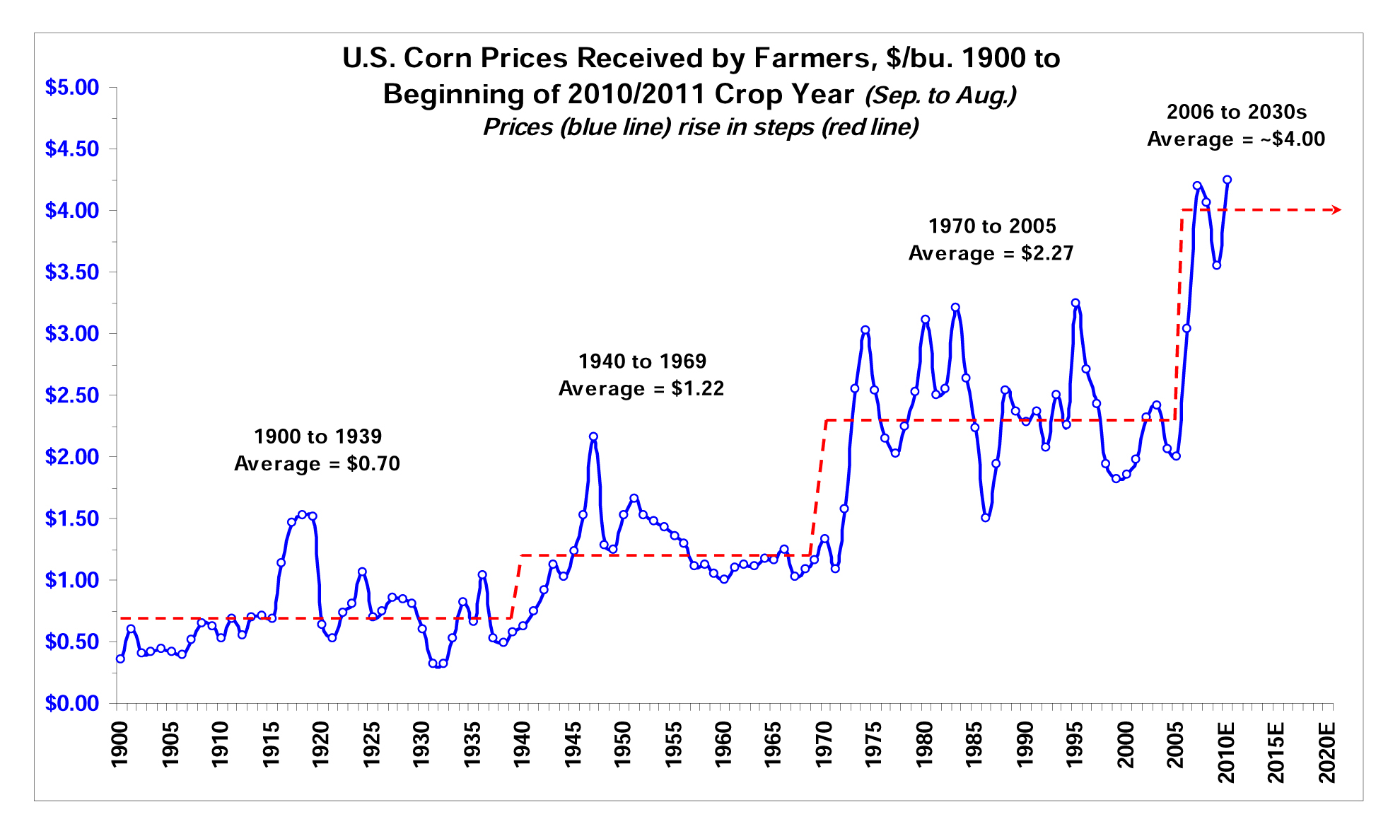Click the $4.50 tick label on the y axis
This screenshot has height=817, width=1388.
tap(71, 149)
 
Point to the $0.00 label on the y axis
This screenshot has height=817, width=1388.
tap(71, 703)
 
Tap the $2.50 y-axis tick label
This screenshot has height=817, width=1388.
tap(71, 395)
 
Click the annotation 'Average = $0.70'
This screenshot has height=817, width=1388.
tap(317, 463)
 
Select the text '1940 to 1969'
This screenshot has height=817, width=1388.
tap(642, 361)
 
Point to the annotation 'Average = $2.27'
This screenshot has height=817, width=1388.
tap(991, 253)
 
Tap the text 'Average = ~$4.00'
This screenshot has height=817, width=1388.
tap(1235, 139)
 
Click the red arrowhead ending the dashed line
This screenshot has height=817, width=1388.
tap(1336, 209)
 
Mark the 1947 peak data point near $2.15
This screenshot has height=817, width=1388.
tap(593, 436)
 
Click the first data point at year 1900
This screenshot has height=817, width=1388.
tap(120, 659)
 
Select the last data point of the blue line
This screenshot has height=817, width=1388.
tap(1227, 180)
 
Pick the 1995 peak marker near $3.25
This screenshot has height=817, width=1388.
tap(1075, 303)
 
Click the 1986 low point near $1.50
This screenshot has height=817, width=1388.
tap(985, 518)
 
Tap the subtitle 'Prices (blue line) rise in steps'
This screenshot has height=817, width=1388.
tap(700, 127)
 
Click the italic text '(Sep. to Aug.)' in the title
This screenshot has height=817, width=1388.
tap(940, 95)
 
